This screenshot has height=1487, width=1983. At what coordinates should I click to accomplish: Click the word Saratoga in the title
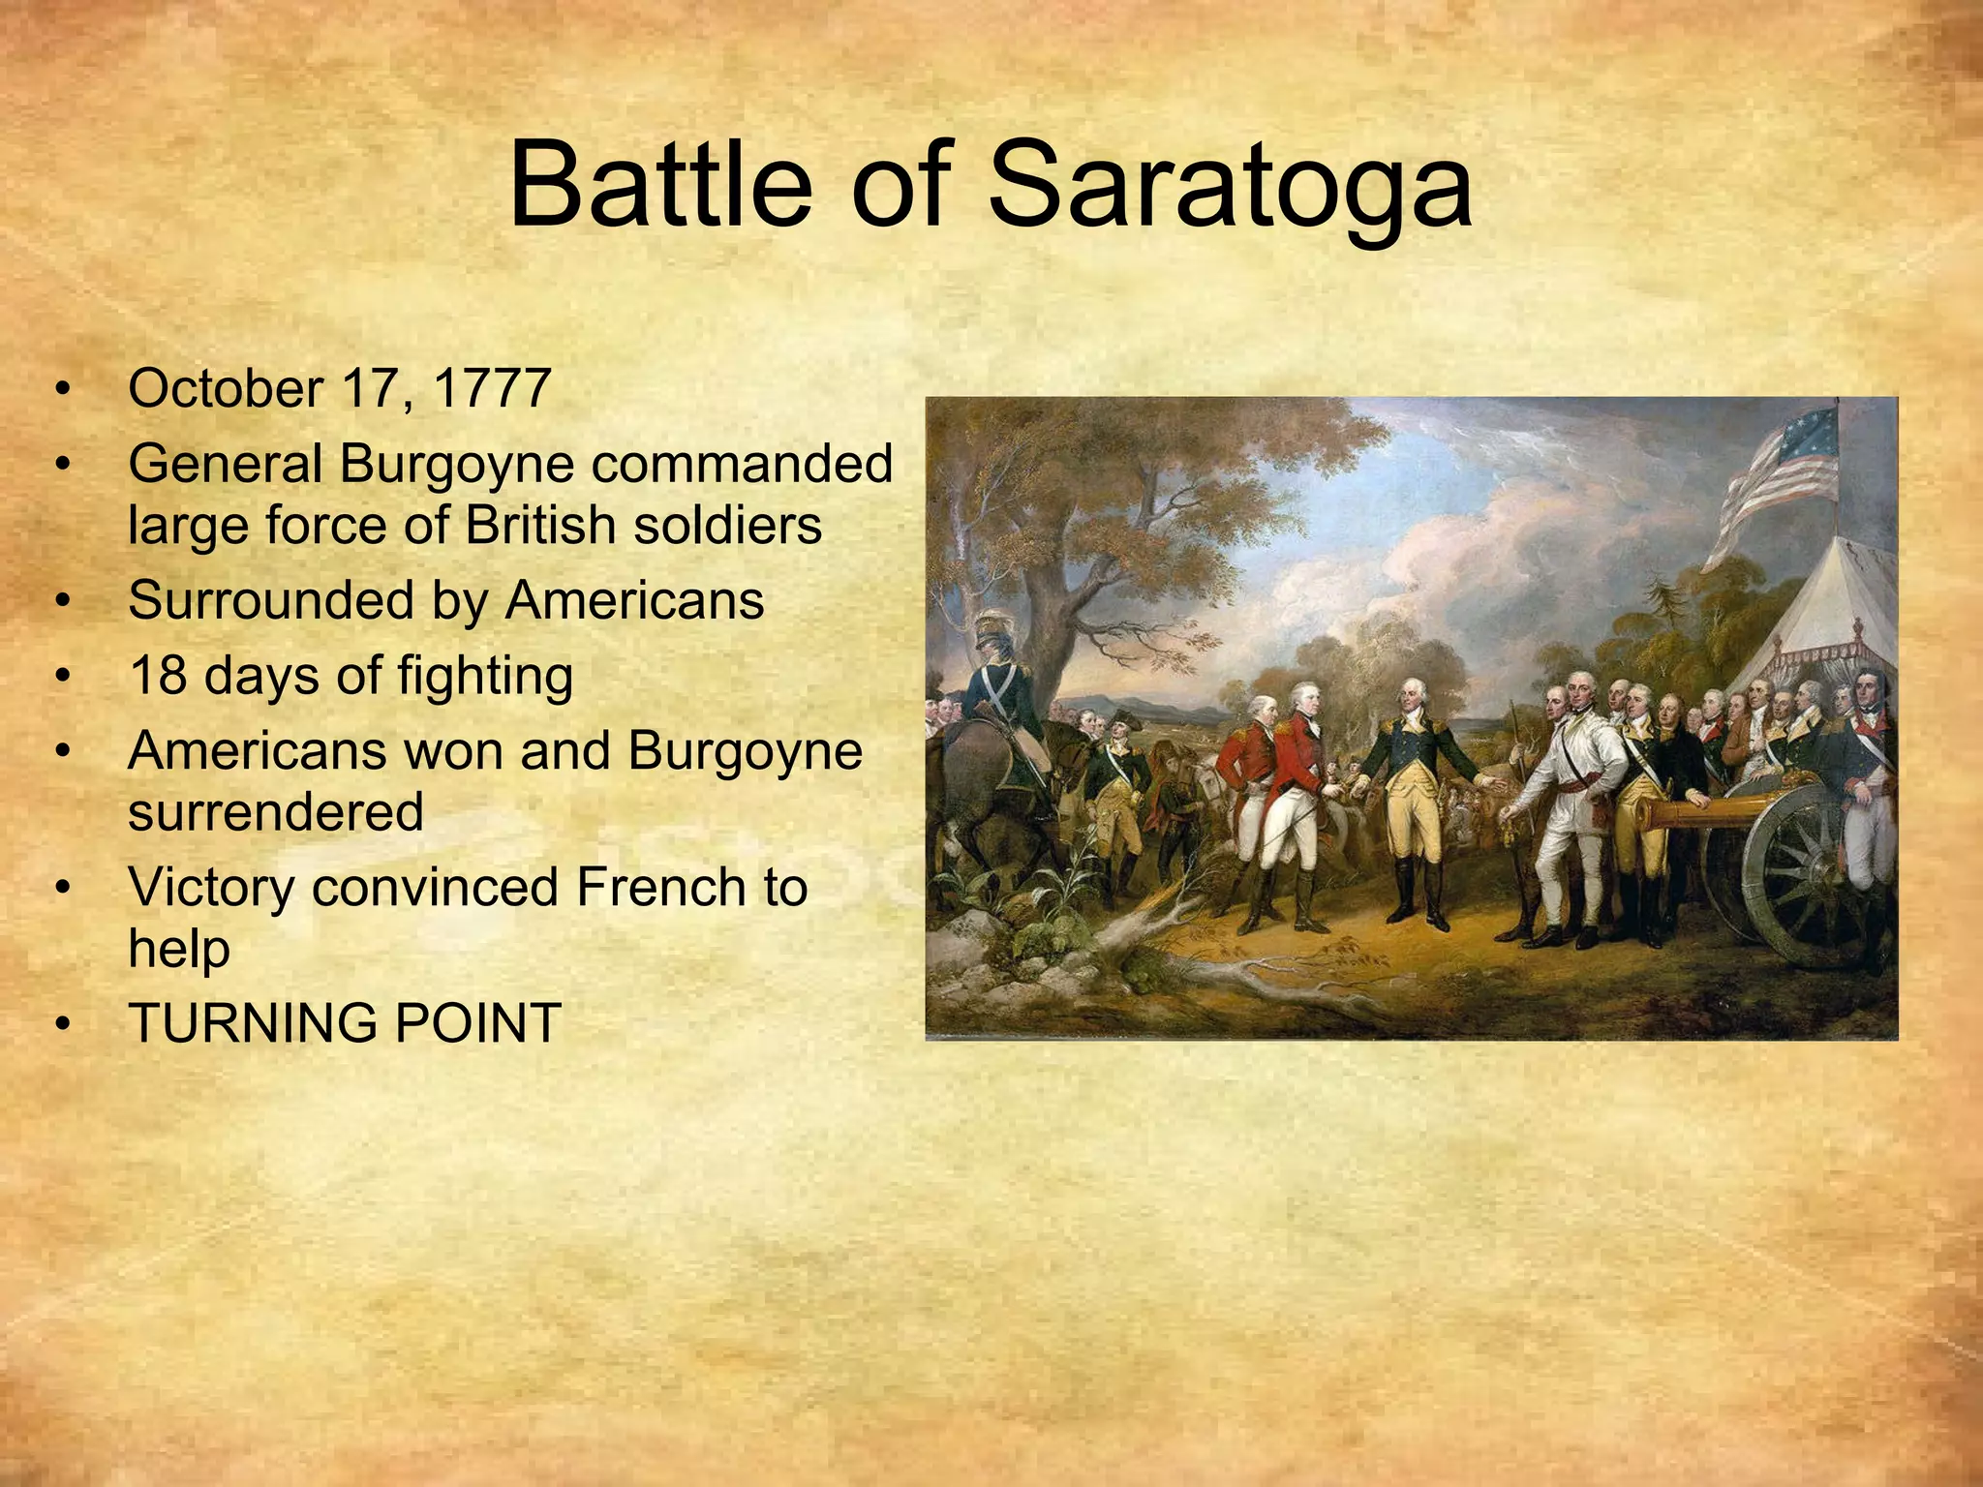click(x=1230, y=186)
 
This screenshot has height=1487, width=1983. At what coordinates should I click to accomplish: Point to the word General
click(x=225, y=464)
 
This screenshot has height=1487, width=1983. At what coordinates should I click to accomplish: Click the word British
click(x=541, y=526)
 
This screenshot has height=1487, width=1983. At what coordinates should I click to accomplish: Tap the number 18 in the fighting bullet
click(x=158, y=675)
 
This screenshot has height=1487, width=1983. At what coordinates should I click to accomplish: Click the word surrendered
click(x=276, y=811)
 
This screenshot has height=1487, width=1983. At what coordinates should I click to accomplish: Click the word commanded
click(x=742, y=464)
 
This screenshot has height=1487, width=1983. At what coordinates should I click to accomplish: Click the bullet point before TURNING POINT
click(x=64, y=1024)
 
